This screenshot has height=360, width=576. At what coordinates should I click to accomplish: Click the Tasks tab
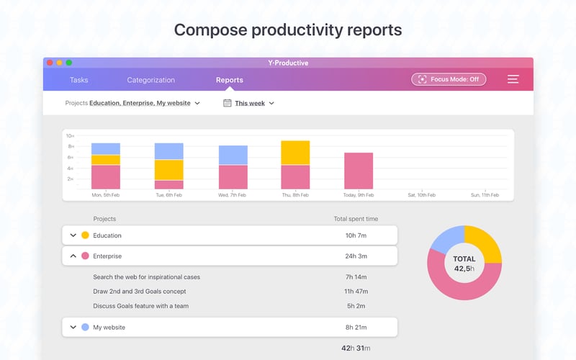coord(78,80)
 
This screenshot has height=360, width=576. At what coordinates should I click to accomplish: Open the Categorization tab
coord(150,80)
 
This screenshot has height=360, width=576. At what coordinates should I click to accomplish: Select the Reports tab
coord(230,80)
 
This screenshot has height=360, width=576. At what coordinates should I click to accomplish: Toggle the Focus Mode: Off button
coord(449,79)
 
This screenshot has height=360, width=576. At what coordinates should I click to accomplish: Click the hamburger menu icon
coord(513,79)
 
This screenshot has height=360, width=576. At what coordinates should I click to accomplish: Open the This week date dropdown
coord(249,103)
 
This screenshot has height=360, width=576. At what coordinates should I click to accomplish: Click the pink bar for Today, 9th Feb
coord(359,171)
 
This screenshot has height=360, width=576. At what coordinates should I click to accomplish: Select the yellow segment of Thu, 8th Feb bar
coord(295,153)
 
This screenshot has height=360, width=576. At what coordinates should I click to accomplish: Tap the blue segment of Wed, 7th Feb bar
coord(233,155)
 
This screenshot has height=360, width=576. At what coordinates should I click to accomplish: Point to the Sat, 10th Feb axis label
coord(421,195)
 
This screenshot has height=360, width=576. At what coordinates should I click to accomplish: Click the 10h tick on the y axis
coord(70,136)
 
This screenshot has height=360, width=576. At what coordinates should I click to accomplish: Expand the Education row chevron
coord(73,235)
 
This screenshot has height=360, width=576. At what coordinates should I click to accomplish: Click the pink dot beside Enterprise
coord(85,256)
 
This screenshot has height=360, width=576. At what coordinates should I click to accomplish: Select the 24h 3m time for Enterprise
coord(356,256)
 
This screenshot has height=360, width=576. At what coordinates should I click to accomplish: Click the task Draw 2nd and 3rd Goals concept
coord(140,292)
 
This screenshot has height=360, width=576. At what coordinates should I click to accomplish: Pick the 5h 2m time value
coord(356,306)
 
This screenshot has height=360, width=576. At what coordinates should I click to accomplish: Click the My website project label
coord(109,327)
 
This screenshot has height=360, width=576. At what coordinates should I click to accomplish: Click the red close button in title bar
coord(50,63)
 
